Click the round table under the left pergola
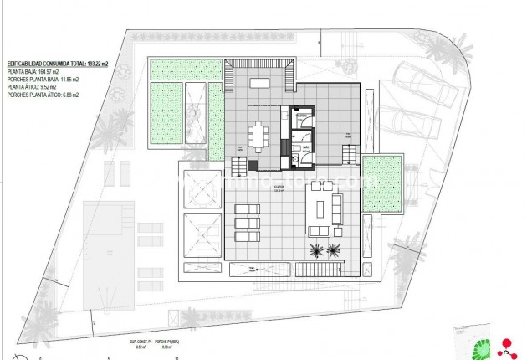coord(202,194)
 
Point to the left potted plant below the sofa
coord(317,249)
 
